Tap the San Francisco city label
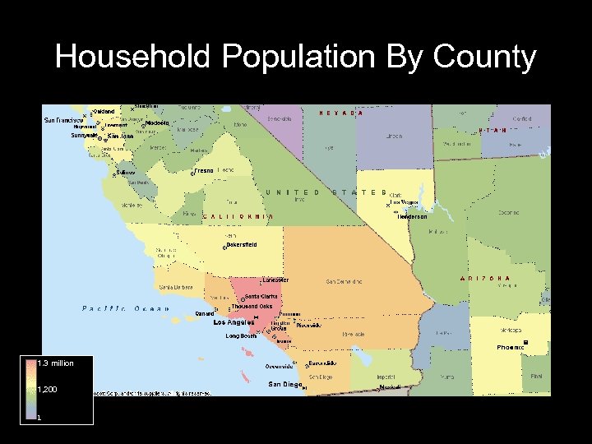63,120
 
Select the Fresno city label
204,170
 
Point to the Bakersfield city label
242,245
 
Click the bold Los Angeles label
234,323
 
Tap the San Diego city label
284,384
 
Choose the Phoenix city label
510,348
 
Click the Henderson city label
412,217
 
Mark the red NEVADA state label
340,113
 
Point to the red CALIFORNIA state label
238,216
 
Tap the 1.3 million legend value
56,363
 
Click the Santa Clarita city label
262,296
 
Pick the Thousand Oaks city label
252,307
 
